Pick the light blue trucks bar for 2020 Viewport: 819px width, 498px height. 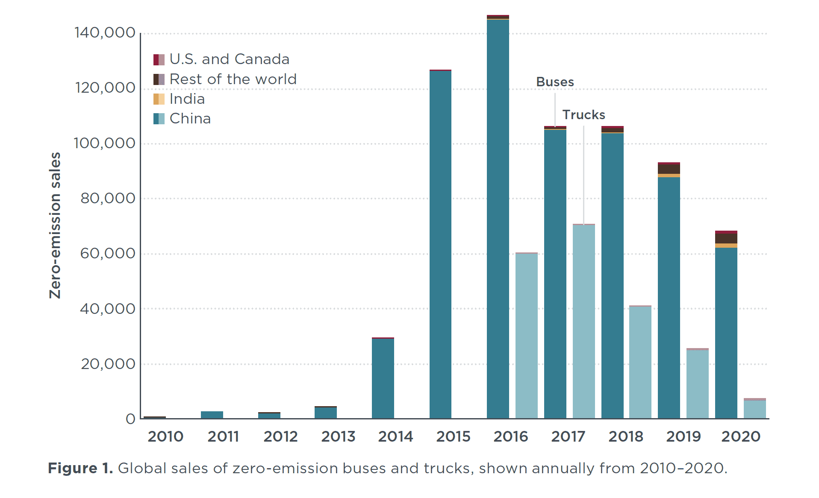[x=754, y=409]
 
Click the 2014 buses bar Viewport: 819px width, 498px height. [x=383, y=378]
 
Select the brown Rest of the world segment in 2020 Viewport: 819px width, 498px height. [x=726, y=238]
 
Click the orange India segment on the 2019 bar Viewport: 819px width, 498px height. [x=669, y=176]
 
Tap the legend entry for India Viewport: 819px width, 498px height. [x=187, y=99]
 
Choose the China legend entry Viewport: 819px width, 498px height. [x=190, y=119]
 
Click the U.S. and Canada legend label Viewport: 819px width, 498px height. [x=229, y=59]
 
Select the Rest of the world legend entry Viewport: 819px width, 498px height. [x=233, y=79]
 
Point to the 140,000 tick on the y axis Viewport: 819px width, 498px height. [x=105, y=33]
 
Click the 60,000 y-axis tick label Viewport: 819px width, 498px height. [x=108, y=254]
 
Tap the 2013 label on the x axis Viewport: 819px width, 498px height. [x=338, y=436]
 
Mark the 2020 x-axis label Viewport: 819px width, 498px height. [x=741, y=436]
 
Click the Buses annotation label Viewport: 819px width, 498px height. [x=555, y=82]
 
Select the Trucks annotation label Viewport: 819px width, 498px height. [x=583, y=115]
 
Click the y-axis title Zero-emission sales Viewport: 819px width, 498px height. [x=55, y=225]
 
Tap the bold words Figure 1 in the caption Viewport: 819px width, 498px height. [x=80, y=469]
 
